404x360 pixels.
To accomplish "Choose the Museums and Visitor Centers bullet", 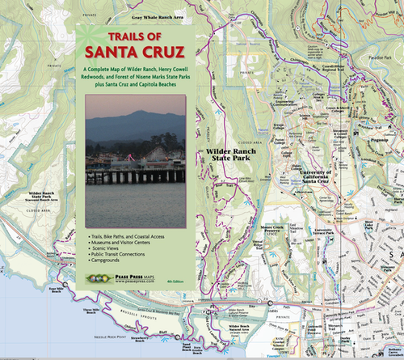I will pos(128,242).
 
